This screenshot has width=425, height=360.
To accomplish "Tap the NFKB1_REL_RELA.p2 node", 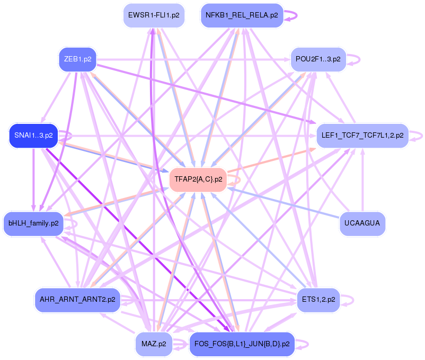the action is click(242, 15).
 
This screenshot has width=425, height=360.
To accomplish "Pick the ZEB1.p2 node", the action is click(77, 59).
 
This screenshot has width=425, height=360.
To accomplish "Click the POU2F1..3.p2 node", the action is click(318, 59).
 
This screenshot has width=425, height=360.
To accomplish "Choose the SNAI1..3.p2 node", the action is click(33, 136).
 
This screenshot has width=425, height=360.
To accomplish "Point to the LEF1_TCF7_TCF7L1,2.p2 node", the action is click(362, 136).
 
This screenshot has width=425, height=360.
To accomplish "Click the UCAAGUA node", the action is click(362, 223).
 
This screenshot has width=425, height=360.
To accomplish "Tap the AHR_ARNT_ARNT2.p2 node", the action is click(77, 300).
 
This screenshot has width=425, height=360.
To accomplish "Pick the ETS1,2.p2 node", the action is click(316, 300).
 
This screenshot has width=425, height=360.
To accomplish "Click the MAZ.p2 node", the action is click(154, 344).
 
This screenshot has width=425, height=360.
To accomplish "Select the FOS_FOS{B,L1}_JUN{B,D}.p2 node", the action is click(242, 344).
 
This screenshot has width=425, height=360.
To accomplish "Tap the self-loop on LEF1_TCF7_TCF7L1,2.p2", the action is click(418, 136).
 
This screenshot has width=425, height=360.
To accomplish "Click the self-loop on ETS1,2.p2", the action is click(350, 300).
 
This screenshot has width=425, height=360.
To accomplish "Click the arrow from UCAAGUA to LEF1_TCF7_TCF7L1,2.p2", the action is click(362, 180).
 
